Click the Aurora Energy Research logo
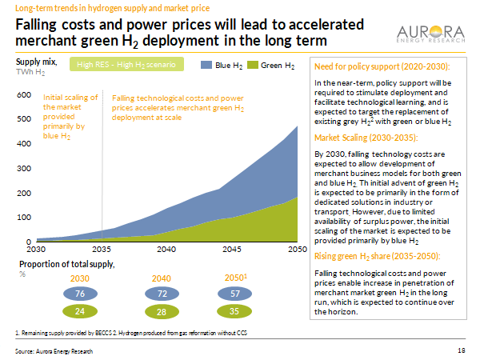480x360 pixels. [x=431, y=33]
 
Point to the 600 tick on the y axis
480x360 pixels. [x=23, y=95]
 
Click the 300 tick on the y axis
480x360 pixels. [x=23, y=168]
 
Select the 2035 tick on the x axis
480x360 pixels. [x=102, y=250]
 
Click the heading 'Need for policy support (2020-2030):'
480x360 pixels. [x=381, y=66]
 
